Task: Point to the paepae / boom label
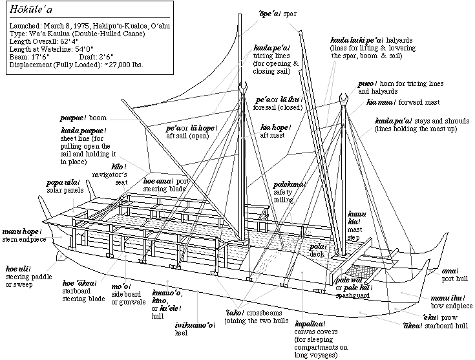click(x=83, y=118)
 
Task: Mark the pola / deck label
click(x=317, y=249)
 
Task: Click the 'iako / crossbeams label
click(x=252, y=316)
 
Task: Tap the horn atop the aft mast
click(x=244, y=87)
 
